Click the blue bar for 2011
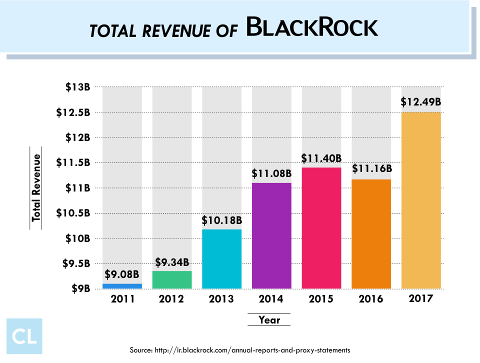122,286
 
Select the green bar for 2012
171,280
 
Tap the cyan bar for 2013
221,259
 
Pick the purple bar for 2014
271,235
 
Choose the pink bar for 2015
321,228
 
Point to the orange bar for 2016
371,234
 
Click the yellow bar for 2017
421,200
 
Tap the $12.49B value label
421,101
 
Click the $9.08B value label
122,274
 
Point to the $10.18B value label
221,219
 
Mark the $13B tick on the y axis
77,87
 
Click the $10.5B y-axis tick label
73,213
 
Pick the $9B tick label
80,288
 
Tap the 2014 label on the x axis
271,299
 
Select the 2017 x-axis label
421,299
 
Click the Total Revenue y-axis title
36,187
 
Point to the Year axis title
269,319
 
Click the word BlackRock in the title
312,27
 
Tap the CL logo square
24,336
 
